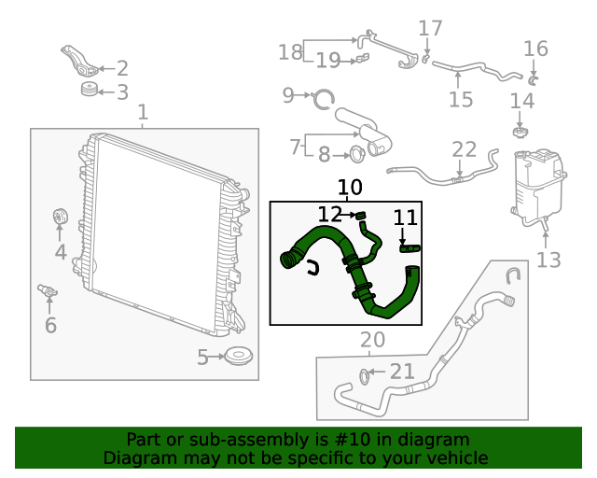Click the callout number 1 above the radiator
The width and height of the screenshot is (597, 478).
143,113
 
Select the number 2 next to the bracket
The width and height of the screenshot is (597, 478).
122,68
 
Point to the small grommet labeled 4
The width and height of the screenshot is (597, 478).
58,218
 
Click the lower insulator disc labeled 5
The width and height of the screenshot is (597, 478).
241,356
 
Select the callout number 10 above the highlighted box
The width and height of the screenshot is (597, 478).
350,188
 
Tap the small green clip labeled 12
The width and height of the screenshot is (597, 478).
359,217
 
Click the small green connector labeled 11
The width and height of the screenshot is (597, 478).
410,247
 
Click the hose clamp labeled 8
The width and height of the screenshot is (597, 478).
357,154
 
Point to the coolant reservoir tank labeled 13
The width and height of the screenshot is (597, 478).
535,187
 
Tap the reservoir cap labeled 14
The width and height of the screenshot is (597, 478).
521,131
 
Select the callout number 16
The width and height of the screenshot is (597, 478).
535,49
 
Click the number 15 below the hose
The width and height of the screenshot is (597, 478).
461,99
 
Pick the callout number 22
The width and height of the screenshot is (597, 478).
464,149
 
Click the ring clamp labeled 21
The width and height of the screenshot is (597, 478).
365,376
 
